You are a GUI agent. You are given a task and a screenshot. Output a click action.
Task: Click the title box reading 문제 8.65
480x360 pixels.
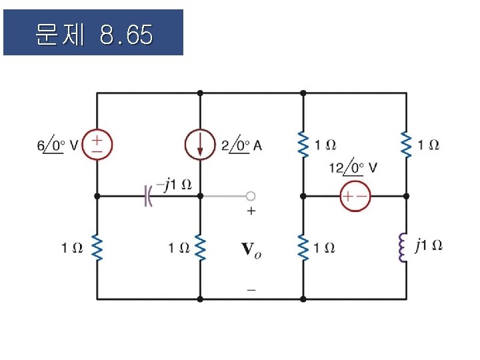[93, 32]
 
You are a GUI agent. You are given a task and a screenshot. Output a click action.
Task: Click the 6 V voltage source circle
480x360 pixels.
[97, 145]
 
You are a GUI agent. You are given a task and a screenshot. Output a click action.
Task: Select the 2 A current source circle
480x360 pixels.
[200, 145]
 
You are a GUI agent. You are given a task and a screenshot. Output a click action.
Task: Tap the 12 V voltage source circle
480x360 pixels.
[355, 196]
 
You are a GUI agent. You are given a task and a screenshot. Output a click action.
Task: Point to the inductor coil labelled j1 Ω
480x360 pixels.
[404, 247]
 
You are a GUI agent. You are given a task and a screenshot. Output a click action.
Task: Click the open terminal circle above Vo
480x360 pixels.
[251, 196]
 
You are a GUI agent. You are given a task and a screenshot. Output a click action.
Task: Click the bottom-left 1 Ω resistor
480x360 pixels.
[97, 248]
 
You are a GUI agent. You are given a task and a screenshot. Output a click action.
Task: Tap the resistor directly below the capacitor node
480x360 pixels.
[200, 248]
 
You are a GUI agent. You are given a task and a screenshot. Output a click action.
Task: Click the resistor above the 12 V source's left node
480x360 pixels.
[303, 145]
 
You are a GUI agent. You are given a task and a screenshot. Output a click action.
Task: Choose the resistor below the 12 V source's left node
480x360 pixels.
[303, 248]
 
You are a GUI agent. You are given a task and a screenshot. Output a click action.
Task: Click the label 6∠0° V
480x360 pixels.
[59, 145]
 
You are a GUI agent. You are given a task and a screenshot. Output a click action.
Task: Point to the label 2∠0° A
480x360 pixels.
[241, 145]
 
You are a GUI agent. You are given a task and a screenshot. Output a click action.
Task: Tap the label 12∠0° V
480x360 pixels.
[354, 167]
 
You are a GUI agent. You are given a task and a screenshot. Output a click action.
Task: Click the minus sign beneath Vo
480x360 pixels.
[251, 289]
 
